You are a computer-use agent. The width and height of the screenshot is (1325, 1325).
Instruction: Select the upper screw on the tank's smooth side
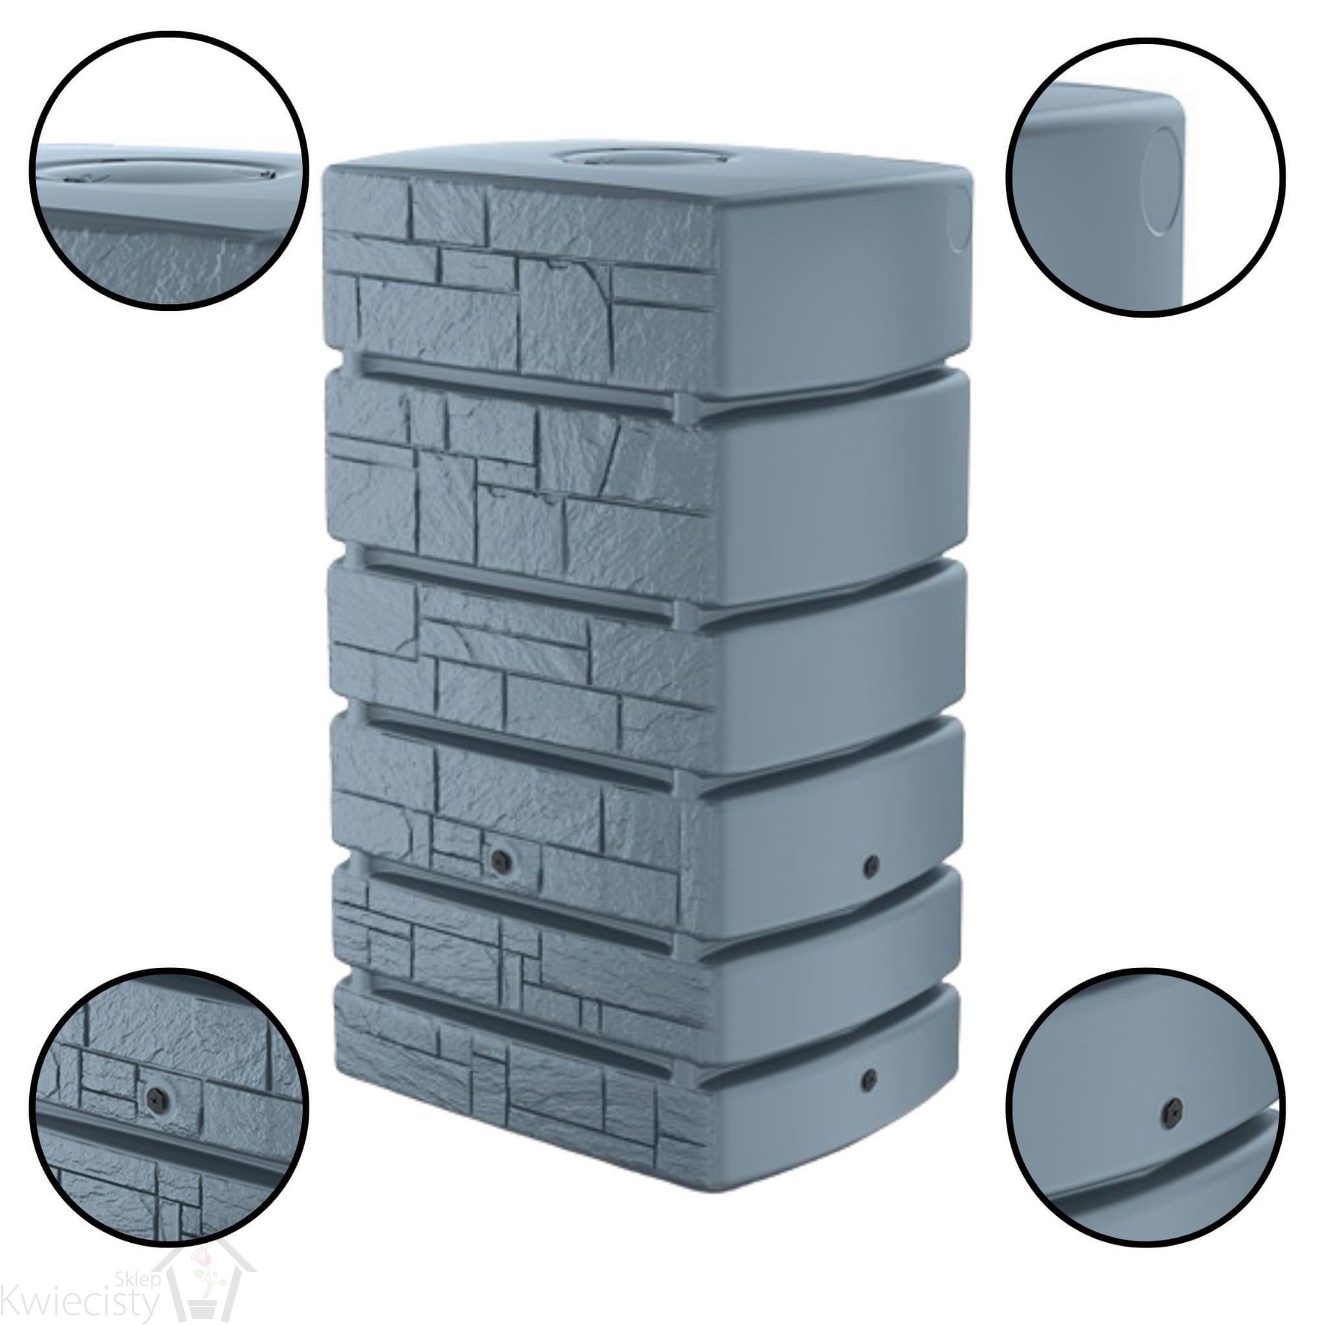tap(871, 867)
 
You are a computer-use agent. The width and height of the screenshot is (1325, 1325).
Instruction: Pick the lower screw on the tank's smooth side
tap(870, 1080)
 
